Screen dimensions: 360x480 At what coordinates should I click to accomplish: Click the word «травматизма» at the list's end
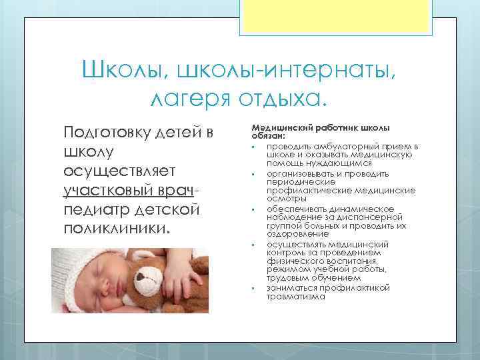point(295,297)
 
